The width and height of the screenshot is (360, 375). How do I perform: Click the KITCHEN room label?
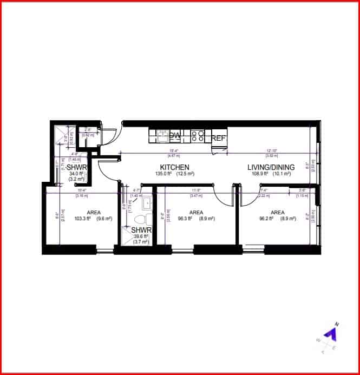[x=174, y=167]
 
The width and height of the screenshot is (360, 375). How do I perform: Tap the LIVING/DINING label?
[x=271, y=167]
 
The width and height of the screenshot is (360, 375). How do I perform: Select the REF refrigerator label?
[x=218, y=138]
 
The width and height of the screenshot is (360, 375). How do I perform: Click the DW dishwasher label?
[x=175, y=135]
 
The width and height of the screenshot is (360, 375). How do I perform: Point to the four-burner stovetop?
[x=197, y=135]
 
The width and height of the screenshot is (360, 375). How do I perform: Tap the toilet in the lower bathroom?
[x=141, y=219]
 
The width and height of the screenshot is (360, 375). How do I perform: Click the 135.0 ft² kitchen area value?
[x=163, y=174]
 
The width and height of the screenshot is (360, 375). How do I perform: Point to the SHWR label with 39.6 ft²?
[x=141, y=230]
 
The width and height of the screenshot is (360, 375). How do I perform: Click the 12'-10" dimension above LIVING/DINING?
[x=271, y=151]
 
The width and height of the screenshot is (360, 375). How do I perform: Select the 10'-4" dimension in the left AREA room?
[x=82, y=190]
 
